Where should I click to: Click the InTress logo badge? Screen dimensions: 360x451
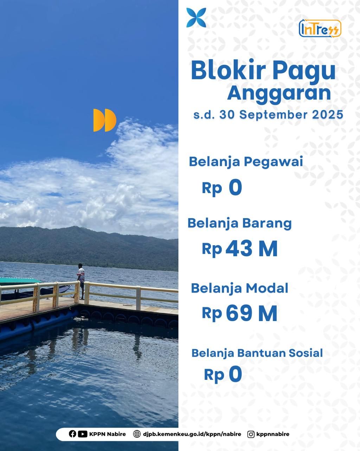320,29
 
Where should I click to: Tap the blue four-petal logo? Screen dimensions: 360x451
196,18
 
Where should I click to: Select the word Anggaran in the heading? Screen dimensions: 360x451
279,93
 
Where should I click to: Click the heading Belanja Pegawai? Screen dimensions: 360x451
246,162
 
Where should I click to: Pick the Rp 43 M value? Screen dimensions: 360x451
240,249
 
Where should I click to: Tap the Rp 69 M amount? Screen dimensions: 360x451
240,313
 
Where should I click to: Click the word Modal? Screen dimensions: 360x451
267,288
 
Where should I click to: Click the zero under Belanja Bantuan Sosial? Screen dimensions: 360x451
235,374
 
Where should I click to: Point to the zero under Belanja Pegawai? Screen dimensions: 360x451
235,187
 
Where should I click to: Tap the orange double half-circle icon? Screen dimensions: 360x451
105,120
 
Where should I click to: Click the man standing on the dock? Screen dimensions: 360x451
81,281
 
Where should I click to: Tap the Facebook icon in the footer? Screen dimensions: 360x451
72,434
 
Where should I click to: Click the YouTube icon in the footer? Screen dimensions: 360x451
83,434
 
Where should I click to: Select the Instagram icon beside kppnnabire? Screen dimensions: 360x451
251,434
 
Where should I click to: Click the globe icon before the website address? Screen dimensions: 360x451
137,434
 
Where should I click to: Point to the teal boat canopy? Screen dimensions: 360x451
20,280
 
